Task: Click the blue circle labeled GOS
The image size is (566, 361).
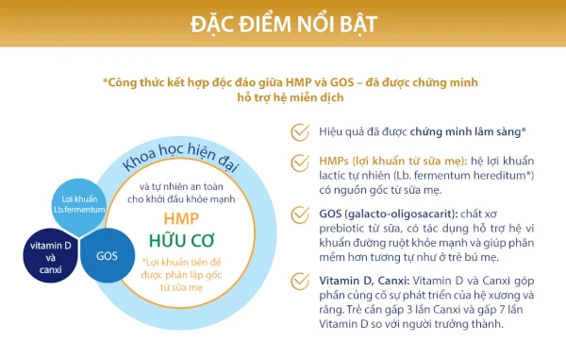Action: coord(107,255)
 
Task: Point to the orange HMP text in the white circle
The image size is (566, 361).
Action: coord(181,216)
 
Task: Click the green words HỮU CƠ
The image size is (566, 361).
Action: coord(181,238)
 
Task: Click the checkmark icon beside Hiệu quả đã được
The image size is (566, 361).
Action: coord(299,130)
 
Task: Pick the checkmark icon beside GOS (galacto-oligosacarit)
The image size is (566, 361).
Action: coord(299,218)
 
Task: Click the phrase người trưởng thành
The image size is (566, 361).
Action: coord(453,323)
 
